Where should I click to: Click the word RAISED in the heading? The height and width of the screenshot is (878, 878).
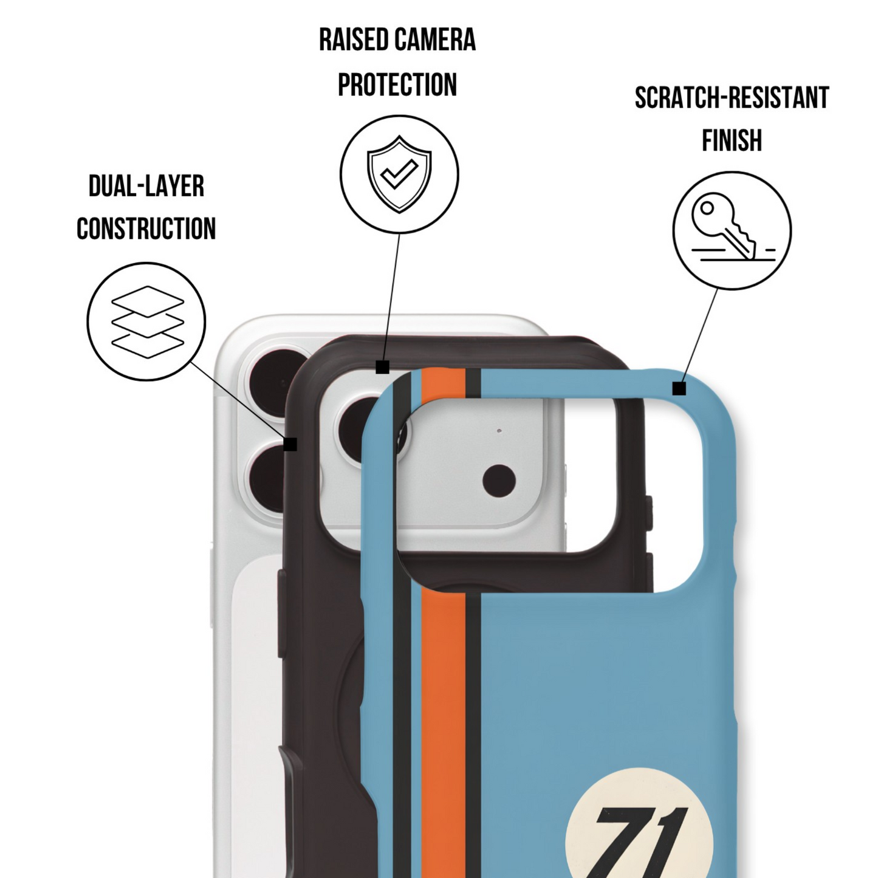click(x=354, y=39)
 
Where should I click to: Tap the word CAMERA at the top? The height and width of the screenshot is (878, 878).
click(x=436, y=39)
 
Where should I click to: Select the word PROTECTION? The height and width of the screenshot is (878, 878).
click(x=397, y=84)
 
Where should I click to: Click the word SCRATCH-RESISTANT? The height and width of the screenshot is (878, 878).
click(x=732, y=97)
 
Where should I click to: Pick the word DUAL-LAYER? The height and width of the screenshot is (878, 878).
click(x=146, y=186)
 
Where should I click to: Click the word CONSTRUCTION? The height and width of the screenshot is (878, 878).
click(x=146, y=228)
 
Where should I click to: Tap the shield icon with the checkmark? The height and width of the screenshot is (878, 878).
click(x=399, y=174)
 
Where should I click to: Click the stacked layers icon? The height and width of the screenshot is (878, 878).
click(x=148, y=321)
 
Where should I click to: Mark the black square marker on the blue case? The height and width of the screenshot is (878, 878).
click(x=679, y=389)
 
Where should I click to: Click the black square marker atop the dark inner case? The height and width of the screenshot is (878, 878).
click(x=382, y=367)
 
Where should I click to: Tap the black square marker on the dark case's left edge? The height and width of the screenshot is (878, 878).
click(x=290, y=444)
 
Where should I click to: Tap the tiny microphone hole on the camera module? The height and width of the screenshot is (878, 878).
click(x=499, y=430)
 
